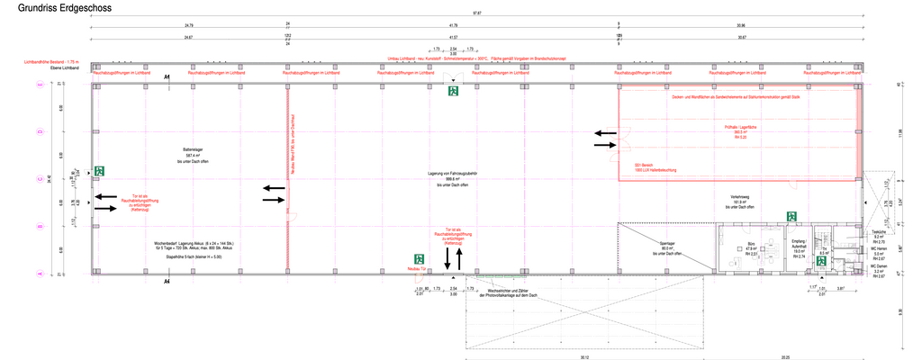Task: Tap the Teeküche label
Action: coord(879,232)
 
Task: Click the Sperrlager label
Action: coord(666,243)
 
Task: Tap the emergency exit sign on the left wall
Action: coord(99,170)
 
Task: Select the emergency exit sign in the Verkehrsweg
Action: coord(791,216)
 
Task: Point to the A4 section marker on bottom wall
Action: coord(167,281)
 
